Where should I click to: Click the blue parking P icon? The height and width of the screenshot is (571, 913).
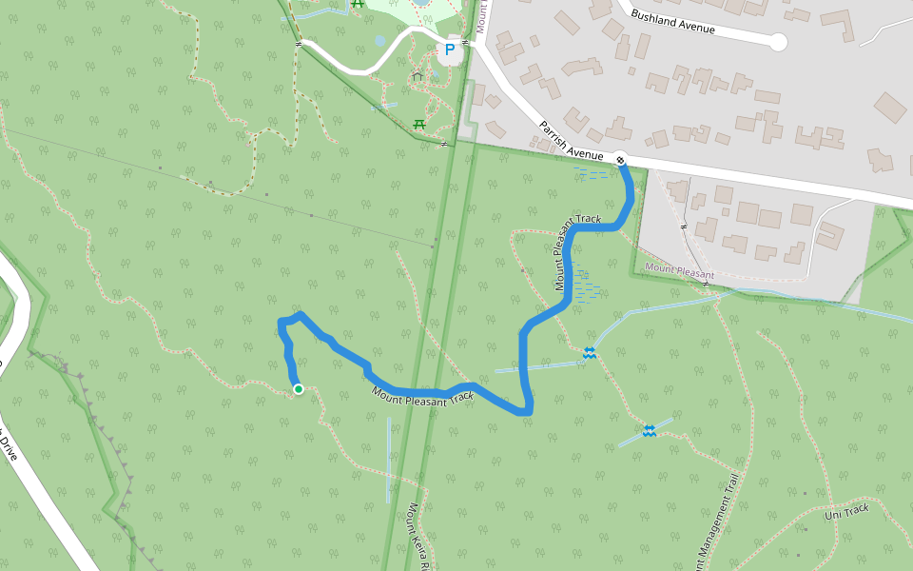(x=449, y=49)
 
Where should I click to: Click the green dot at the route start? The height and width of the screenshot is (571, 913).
(x=299, y=388)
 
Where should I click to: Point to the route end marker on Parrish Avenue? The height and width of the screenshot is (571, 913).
(x=620, y=160)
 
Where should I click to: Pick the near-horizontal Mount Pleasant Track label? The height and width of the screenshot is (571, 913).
(x=422, y=395)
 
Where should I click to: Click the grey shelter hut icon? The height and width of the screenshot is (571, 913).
(x=417, y=75)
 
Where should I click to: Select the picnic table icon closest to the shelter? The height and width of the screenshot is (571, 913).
(x=418, y=123)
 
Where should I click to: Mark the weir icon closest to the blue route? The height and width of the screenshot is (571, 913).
(x=591, y=353)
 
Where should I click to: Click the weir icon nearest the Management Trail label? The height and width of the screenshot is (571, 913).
(x=649, y=431)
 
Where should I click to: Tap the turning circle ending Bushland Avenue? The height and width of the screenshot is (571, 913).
(x=778, y=42)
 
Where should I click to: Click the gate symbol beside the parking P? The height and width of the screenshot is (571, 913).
(x=465, y=42)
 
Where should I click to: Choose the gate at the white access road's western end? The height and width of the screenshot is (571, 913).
(x=298, y=43)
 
